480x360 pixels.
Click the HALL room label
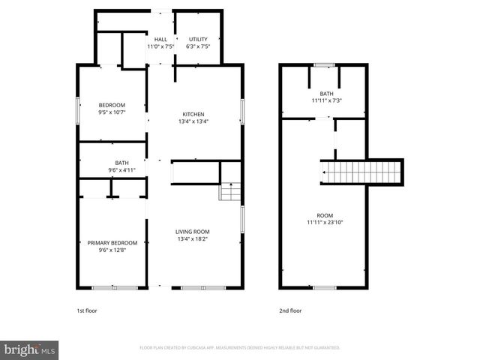click(160, 39)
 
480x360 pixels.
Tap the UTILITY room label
click(198, 39)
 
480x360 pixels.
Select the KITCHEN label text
click(193, 114)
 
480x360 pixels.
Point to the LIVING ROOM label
click(193, 232)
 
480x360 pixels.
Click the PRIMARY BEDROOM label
click(112, 243)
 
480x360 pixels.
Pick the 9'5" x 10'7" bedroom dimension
click(112, 112)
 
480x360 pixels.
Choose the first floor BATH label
click(121, 163)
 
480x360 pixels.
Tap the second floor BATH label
click(326, 94)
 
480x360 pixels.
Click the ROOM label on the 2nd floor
click(325, 215)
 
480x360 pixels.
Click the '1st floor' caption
click(87, 310)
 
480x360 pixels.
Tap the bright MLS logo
click(30, 349)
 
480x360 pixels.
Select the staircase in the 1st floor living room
click(230, 192)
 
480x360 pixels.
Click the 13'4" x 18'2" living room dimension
click(193, 239)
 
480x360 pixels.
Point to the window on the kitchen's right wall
click(242, 110)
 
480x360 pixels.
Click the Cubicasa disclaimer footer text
click(240, 348)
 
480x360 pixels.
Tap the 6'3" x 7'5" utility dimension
click(198, 46)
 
